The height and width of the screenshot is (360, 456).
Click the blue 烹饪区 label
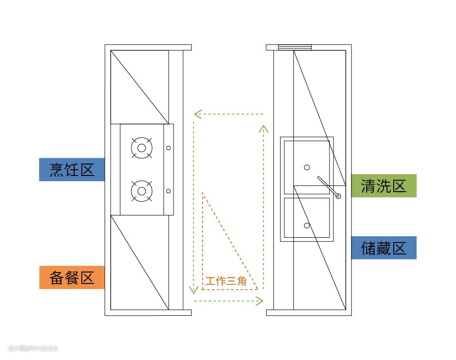tap(72, 169)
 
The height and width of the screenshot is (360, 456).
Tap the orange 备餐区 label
tap(72, 277)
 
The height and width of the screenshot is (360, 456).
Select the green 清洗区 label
tap(383, 185)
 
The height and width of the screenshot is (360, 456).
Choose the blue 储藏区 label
tap(383, 248)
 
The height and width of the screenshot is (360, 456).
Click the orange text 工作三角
tap(226, 282)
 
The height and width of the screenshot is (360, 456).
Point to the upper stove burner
tap(141, 148)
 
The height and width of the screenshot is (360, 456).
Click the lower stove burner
tap(141, 191)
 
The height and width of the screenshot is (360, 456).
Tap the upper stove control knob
tap(168, 148)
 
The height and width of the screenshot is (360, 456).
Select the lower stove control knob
tap(168, 191)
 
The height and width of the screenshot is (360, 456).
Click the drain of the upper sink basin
tap(307, 167)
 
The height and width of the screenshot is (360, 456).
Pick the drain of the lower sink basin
tap(307, 225)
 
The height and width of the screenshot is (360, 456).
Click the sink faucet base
tap(338, 195)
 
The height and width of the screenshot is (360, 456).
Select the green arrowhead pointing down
tap(194, 290)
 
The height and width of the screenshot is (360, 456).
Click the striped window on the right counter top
tap(295, 47)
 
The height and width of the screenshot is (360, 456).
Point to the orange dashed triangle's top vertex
tap(203, 193)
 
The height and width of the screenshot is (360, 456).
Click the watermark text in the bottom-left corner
tap(32, 349)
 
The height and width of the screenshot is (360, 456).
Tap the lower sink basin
tap(307, 217)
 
